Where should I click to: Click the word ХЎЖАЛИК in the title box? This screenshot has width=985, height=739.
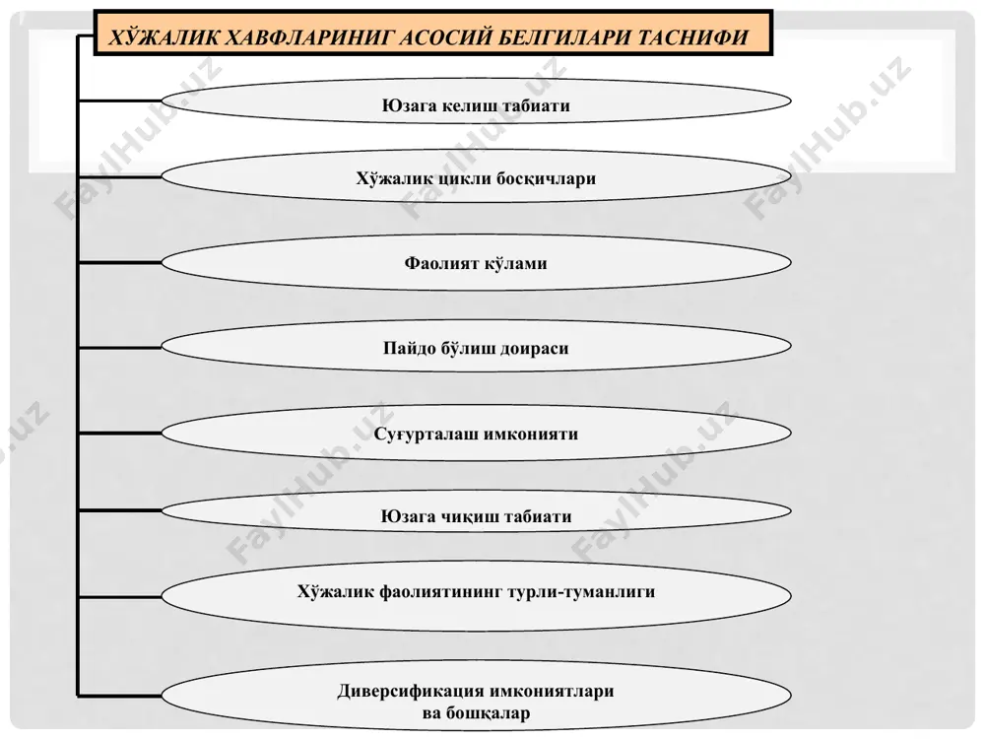tap(164, 37)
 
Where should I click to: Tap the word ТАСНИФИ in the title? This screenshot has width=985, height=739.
tap(692, 37)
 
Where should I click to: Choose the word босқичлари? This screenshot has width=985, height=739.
tap(546, 179)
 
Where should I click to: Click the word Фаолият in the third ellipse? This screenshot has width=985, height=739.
tap(441, 263)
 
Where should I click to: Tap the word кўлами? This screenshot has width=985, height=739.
tap(516, 263)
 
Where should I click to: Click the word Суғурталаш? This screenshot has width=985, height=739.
tap(427, 435)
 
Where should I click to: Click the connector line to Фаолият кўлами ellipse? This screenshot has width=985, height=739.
tap(120, 263)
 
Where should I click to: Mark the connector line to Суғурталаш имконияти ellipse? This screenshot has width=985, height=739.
tap(120, 433)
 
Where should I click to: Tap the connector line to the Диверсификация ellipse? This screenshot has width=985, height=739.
tap(120, 695)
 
